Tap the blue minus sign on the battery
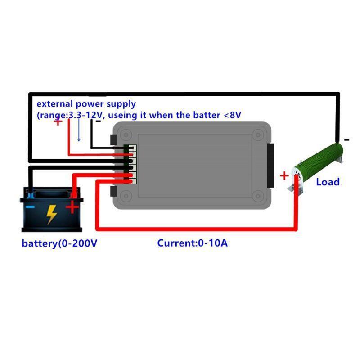point(30,207)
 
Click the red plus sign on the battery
point(72,207)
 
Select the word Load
point(328,182)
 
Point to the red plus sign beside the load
point(284,176)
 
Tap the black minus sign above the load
point(346,139)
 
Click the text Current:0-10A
point(193,243)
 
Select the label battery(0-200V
point(59,243)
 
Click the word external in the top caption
point(54,104)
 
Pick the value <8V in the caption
point(232,115)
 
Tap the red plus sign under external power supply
point(58,121)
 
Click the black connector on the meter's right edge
point(270,166)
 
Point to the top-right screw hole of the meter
point(258,135)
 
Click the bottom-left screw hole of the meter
point(126,196)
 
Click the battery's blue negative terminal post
point(30,195)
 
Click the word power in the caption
point(90,104)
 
